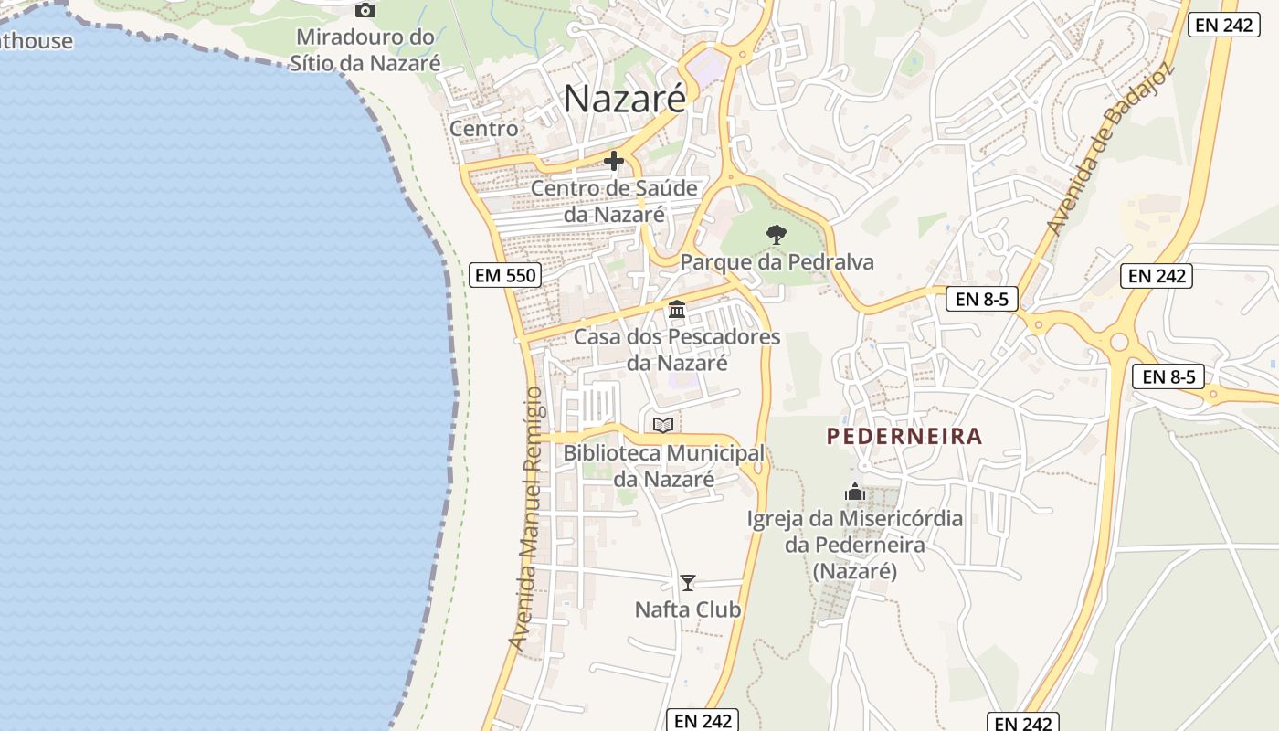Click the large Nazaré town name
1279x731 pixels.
click(x=624, y=99)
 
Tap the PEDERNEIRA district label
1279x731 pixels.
click(x=904, y=437)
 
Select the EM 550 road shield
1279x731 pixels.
click(x=505, y=274)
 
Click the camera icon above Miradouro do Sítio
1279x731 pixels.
click(x=365, y=10)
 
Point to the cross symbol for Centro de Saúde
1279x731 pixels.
click(x=614, y=162)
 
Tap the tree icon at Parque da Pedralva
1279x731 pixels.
click(x=777, y=235)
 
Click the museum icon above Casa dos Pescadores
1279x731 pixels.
click(x=677, y=310)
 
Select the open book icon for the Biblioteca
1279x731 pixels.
click(x=663, y=425)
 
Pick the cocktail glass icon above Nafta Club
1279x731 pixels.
click(x=688, y=582)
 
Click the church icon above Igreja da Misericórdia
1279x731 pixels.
click(x=855, y=493)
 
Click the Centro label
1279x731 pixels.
click(x=484, y=129)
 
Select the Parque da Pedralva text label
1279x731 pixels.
click(x=777, y=263)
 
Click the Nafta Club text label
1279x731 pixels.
click(x=688, y=609)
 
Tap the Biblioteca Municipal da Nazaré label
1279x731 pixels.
click(x=663, y=465)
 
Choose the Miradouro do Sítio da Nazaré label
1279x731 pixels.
click(x=365, y=50)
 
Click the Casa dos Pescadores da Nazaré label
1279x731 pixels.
click(x=677, y=350)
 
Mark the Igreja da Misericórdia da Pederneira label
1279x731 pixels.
click(x=855, y=545)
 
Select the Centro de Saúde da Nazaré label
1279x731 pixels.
click(x=614, y=202)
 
